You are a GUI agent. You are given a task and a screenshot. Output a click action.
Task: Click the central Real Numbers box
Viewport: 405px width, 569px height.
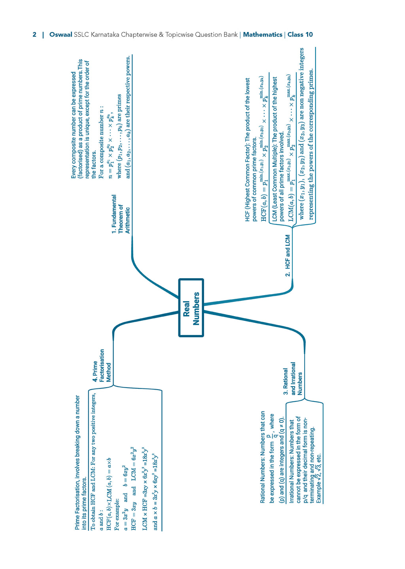tap(191, 307)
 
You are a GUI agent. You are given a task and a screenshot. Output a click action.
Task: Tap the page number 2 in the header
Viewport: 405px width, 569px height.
tap(34, 34)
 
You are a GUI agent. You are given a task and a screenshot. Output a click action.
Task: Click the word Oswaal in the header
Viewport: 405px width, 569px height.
tap(61, 34)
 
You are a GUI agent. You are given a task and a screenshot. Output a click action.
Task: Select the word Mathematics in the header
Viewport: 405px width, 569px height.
tap(263, 34)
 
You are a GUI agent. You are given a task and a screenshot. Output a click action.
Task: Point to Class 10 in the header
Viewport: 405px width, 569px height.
tap(300, 34)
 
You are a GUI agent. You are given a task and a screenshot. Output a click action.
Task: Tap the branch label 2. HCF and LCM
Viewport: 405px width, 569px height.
tap(287, 256)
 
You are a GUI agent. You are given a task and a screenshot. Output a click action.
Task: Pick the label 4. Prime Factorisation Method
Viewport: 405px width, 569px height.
tap(102, 366)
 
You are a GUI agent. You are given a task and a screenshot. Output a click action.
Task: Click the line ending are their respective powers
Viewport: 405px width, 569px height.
tap(128, 117)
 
